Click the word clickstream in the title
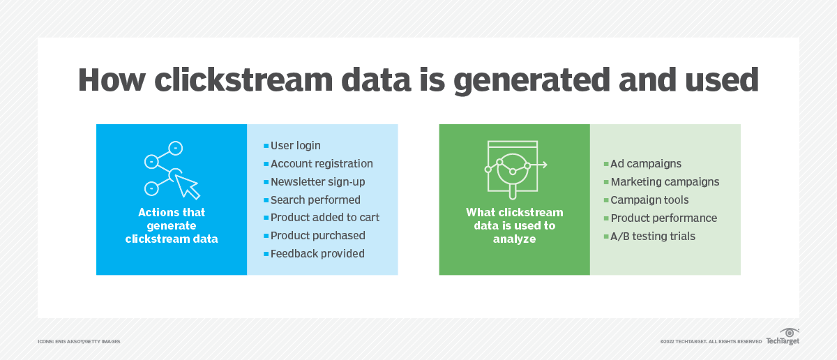(243, 80)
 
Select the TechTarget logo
(783, 336)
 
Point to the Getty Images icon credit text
(79, 341)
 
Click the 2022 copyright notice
(711, 341)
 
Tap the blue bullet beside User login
(266, 146)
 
